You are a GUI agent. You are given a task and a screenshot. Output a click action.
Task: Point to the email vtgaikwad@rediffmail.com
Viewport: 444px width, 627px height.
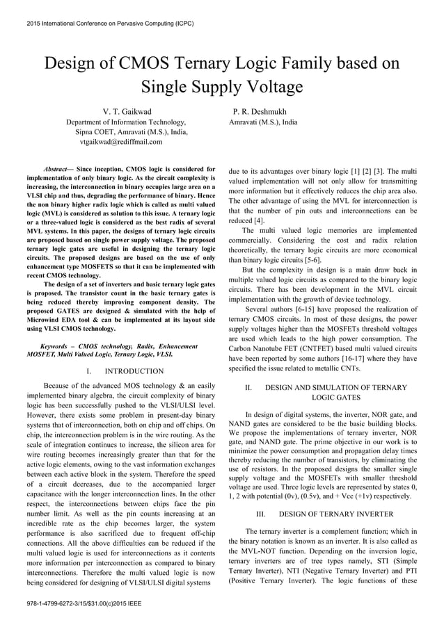(x=121, y=141)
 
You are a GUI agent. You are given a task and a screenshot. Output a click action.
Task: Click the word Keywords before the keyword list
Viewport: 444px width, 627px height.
(x=58, y=345)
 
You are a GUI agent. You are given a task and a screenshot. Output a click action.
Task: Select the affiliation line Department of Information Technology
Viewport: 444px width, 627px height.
(x=125, y=122)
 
